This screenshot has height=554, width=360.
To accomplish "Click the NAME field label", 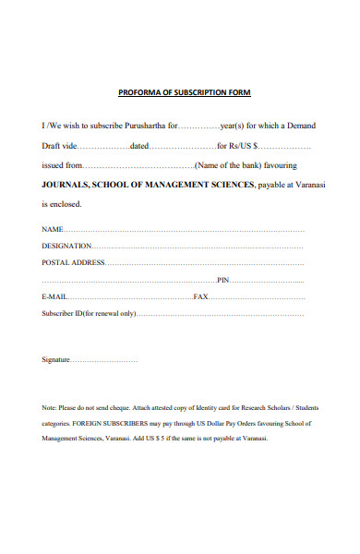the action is point(52,229).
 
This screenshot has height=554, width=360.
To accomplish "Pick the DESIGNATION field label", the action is point(66,246).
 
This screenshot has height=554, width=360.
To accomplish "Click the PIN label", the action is point(222,280).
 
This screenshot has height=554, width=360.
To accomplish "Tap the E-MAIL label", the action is point(54,296).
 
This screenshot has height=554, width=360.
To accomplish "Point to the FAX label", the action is point(200,296).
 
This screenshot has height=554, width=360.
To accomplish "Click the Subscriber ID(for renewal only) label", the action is point(89,314).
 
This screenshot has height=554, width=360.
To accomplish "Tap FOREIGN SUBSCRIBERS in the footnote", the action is point(113,423).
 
